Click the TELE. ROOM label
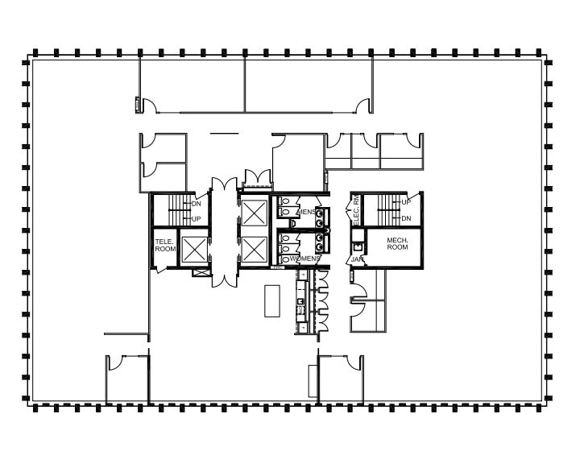tap(166, 245)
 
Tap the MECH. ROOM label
tap(397, 243)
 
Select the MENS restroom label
tap(306, 212)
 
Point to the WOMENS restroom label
tap(306, 258)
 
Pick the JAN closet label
tap(356, 259)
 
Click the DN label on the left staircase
tap(196, 205)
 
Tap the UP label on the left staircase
tap(196, 219)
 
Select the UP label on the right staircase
tap(406, 202)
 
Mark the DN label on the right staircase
tap(406, 218)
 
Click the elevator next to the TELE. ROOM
tap(195, 250)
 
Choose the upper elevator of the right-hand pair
tap(255, 213)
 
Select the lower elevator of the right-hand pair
tap(255, 250)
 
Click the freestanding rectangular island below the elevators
tap(271, 300)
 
